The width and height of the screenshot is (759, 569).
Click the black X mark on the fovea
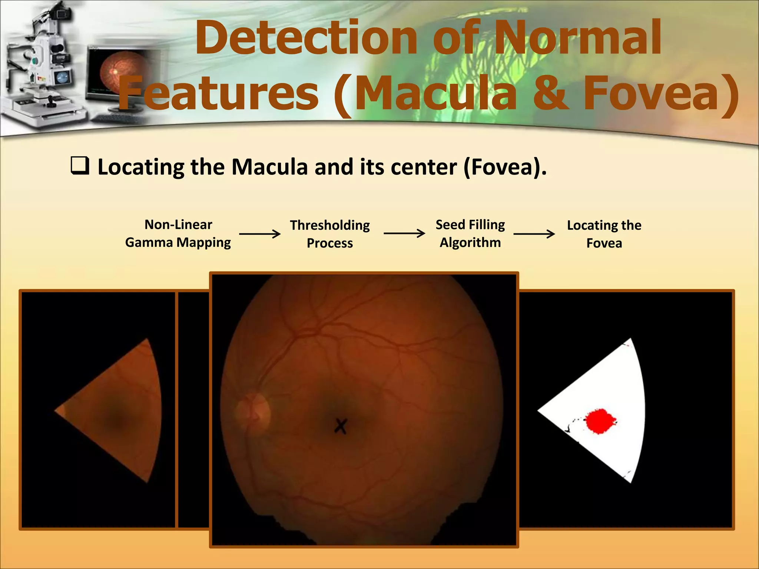[x=340, y=426]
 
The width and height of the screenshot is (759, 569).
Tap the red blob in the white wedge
[x=600, y=421]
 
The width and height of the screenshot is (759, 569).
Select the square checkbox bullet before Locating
[x=80, y=166]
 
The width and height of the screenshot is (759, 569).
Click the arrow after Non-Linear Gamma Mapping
[x=260, y=234]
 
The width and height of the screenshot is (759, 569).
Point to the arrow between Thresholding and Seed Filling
[x=404, y=233]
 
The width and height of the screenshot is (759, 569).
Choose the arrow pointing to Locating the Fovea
[x=534, y=234]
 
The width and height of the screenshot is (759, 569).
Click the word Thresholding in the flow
[x=329, y=225]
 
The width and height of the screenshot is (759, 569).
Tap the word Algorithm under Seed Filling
[x=470, y=243]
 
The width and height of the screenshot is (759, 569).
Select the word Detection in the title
[x=306, y=38]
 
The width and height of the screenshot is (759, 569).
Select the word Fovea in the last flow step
[x=604, y=243]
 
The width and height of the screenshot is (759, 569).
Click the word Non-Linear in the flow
[x=178, y=224]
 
